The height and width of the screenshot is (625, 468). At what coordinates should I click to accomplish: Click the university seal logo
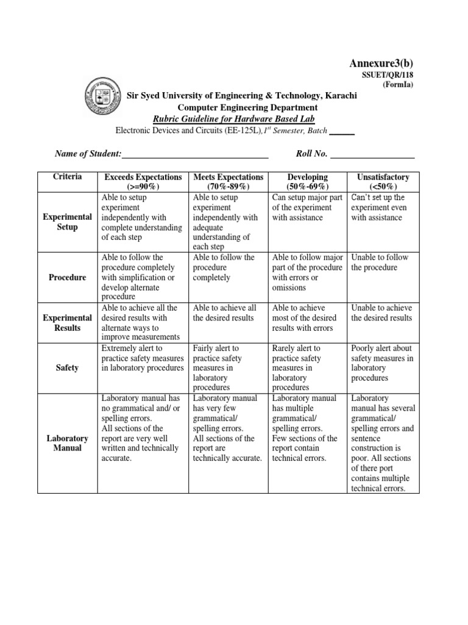tap(102, 98)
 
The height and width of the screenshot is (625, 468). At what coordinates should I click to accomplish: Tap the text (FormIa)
tap(398, 85)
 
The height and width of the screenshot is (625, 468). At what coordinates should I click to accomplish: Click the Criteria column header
tap(67, 176)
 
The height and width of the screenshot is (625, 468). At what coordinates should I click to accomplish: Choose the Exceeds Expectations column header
tap(143, 181)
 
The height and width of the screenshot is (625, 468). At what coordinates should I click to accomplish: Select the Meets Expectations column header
tap(228, 181)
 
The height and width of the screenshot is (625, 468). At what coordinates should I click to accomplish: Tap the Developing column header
tap(308, 181)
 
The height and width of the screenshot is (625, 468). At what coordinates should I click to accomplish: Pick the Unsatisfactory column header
tap(382, 181)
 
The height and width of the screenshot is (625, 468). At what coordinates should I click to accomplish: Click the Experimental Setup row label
tap(67, 222)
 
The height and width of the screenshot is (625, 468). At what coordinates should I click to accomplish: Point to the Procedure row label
tap(67, 277)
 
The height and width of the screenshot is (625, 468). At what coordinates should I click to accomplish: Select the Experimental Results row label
tap(67, 323)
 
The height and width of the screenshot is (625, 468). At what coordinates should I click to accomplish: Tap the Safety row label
tap(67, 368)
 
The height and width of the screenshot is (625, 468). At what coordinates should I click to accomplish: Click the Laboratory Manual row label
tap(67, 443)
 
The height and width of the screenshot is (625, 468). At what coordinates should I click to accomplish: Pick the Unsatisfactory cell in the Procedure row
tap(382, 263)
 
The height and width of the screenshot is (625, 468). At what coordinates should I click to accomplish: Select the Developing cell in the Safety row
tap(308, 367)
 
